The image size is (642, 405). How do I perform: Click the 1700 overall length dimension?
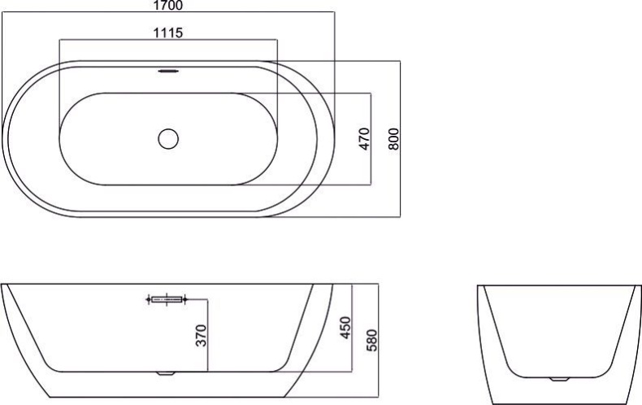pos(168,6)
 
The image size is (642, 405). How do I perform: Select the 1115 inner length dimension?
pos(168,33)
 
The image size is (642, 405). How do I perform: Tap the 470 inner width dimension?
pos(364,139)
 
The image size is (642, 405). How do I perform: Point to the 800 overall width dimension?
pos(393,139)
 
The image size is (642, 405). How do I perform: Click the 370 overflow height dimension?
pos(201,335)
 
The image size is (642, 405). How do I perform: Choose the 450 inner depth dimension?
pos(345,328)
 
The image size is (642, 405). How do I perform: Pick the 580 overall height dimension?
pos(371,340)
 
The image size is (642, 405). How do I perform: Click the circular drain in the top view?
pos(168,139)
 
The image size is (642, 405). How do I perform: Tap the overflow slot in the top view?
pos(168,71)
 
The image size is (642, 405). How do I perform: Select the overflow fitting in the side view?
pos(167,299)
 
